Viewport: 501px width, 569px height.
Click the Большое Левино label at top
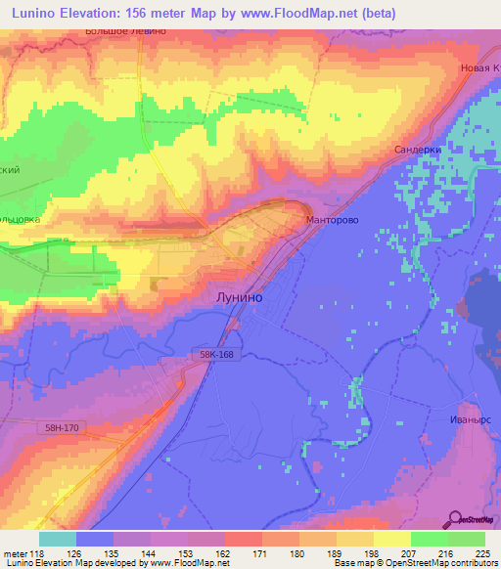tap(127, 31)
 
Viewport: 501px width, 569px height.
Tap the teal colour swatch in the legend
tap(58, 539)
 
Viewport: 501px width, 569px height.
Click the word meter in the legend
tap(15, 552)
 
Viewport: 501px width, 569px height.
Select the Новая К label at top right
tap(478, 67)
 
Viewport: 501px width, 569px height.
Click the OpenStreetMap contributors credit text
tap(441, 563)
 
